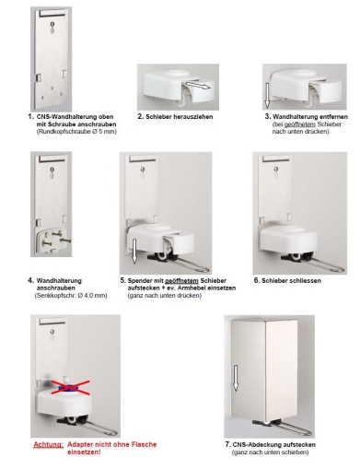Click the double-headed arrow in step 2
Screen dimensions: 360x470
198,85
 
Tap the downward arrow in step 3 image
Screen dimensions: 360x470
267,95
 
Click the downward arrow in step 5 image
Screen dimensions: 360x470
134,251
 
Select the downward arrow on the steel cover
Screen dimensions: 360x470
236,378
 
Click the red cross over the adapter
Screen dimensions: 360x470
70,387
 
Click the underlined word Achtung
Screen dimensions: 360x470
49,444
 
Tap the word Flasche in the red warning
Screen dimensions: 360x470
144,444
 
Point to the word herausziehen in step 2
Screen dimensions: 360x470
193,117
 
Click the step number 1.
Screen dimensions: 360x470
30,116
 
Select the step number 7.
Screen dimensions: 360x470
227,444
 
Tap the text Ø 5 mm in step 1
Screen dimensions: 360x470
105,132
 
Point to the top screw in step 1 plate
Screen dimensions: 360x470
53,24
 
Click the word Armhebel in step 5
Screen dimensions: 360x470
191,288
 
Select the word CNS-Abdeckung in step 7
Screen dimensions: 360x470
257,444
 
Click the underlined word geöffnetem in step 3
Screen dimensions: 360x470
300,124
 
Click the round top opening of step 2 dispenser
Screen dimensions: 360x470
179,74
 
